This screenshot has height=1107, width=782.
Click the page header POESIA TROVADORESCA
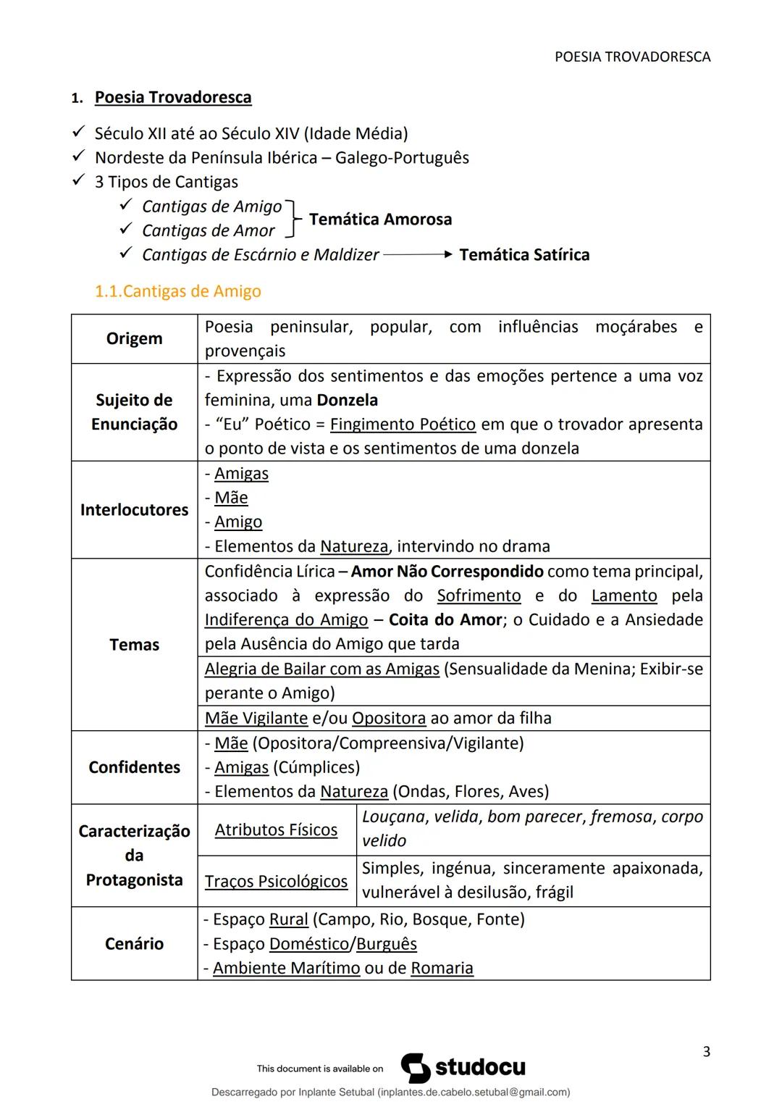(632, 57)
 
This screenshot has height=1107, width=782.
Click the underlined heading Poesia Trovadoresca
(173, 97)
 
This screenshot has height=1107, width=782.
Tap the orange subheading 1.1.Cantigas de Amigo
(178, 291)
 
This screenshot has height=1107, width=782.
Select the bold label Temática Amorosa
(380, 219)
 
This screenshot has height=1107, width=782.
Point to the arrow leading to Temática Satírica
(418, 254)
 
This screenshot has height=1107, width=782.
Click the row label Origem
(134, 338)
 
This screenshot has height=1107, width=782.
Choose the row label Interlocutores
(134, 509)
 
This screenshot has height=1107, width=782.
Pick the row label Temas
(134, 644)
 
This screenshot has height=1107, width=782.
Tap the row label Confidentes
(134, 767)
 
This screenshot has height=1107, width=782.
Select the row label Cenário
(134, 943)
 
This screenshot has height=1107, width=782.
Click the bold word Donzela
(348, 400)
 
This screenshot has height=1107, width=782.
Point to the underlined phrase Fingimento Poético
(403, 424)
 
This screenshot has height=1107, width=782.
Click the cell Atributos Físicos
(276, 830)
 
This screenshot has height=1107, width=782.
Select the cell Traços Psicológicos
(276, 881)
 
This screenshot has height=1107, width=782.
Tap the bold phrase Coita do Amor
(445, 619)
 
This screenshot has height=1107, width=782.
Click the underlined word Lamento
(624, 596)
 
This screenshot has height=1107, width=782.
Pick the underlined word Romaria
(442, 968)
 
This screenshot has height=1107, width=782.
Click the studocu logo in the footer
(463, 1068)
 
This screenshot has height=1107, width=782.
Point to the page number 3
(706, 1051)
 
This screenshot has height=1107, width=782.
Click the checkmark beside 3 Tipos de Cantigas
(79, 181)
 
